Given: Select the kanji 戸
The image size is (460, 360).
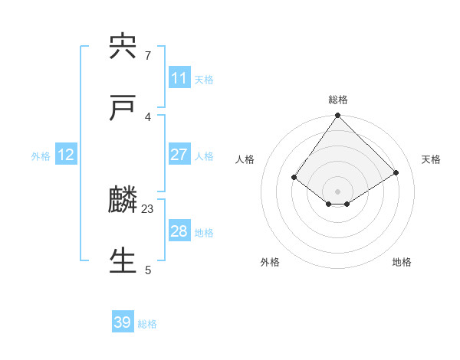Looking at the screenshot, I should pos(123,108).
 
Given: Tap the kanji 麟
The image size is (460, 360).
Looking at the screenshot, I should pos(123,201).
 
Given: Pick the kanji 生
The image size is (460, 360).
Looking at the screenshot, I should pos(123,261).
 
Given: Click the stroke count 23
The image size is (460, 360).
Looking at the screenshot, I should pos(148,208).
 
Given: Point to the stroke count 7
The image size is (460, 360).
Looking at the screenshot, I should pos(148,55).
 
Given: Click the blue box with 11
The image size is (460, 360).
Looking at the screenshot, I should pos(179,78).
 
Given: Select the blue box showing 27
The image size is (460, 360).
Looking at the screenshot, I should pos(179,155).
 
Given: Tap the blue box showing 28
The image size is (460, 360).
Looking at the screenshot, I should pos(179,231).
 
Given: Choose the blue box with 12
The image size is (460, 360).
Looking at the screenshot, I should pos(66,155).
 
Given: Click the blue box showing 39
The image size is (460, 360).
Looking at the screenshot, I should pos(123,322).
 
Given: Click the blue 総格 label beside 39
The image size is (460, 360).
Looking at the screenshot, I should pos(147,324).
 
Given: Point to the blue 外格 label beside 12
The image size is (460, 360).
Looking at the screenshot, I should pos(41,156).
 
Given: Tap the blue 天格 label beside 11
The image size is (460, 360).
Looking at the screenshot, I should pos(204,80).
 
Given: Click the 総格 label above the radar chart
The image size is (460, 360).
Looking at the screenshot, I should pos(338,100).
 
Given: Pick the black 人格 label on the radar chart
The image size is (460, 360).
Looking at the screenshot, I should pos(245,159).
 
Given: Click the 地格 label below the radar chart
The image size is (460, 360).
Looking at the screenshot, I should pos(402,262).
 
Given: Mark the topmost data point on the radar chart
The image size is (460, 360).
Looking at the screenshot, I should pos(338,116).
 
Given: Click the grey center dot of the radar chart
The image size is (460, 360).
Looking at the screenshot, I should pos(338,191).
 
